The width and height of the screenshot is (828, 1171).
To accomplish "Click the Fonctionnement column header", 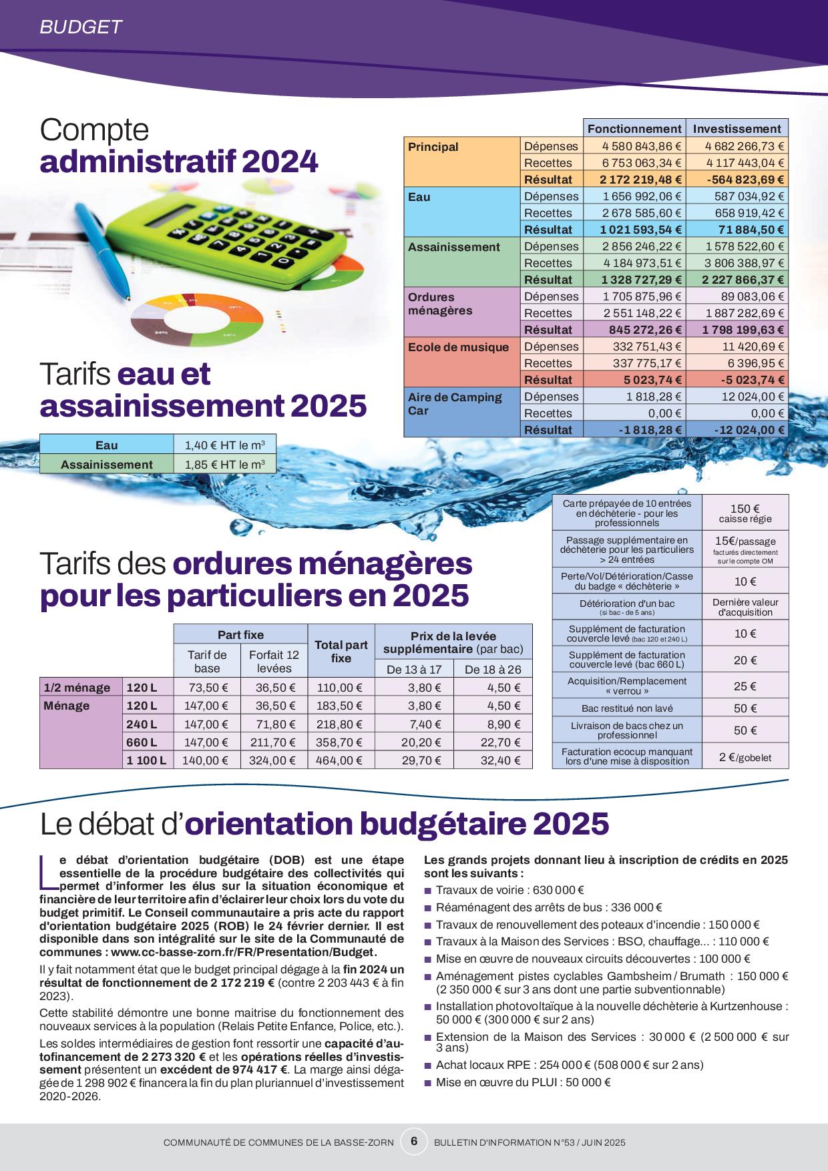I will point(634,129).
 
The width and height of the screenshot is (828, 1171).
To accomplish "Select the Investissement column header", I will point(737,129).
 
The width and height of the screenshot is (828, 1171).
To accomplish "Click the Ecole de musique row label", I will point(458,347).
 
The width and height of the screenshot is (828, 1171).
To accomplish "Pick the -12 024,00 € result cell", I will point(749,430).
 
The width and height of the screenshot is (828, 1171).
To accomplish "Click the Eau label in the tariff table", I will point(107,445).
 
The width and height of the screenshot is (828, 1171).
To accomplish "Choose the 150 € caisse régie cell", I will point(745,513).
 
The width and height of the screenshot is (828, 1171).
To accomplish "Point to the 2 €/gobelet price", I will point(745,757).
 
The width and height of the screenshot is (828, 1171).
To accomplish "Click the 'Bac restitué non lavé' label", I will point(626,708).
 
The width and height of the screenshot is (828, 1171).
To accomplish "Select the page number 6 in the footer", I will point(414,1141).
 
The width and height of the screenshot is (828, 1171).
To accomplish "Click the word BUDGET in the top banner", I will point(81,27).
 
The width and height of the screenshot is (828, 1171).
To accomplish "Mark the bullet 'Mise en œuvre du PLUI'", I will point(523,1082).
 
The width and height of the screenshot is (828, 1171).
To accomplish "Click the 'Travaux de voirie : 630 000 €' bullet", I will point(510,890).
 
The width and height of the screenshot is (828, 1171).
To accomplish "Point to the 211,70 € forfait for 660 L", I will point(274,742).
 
